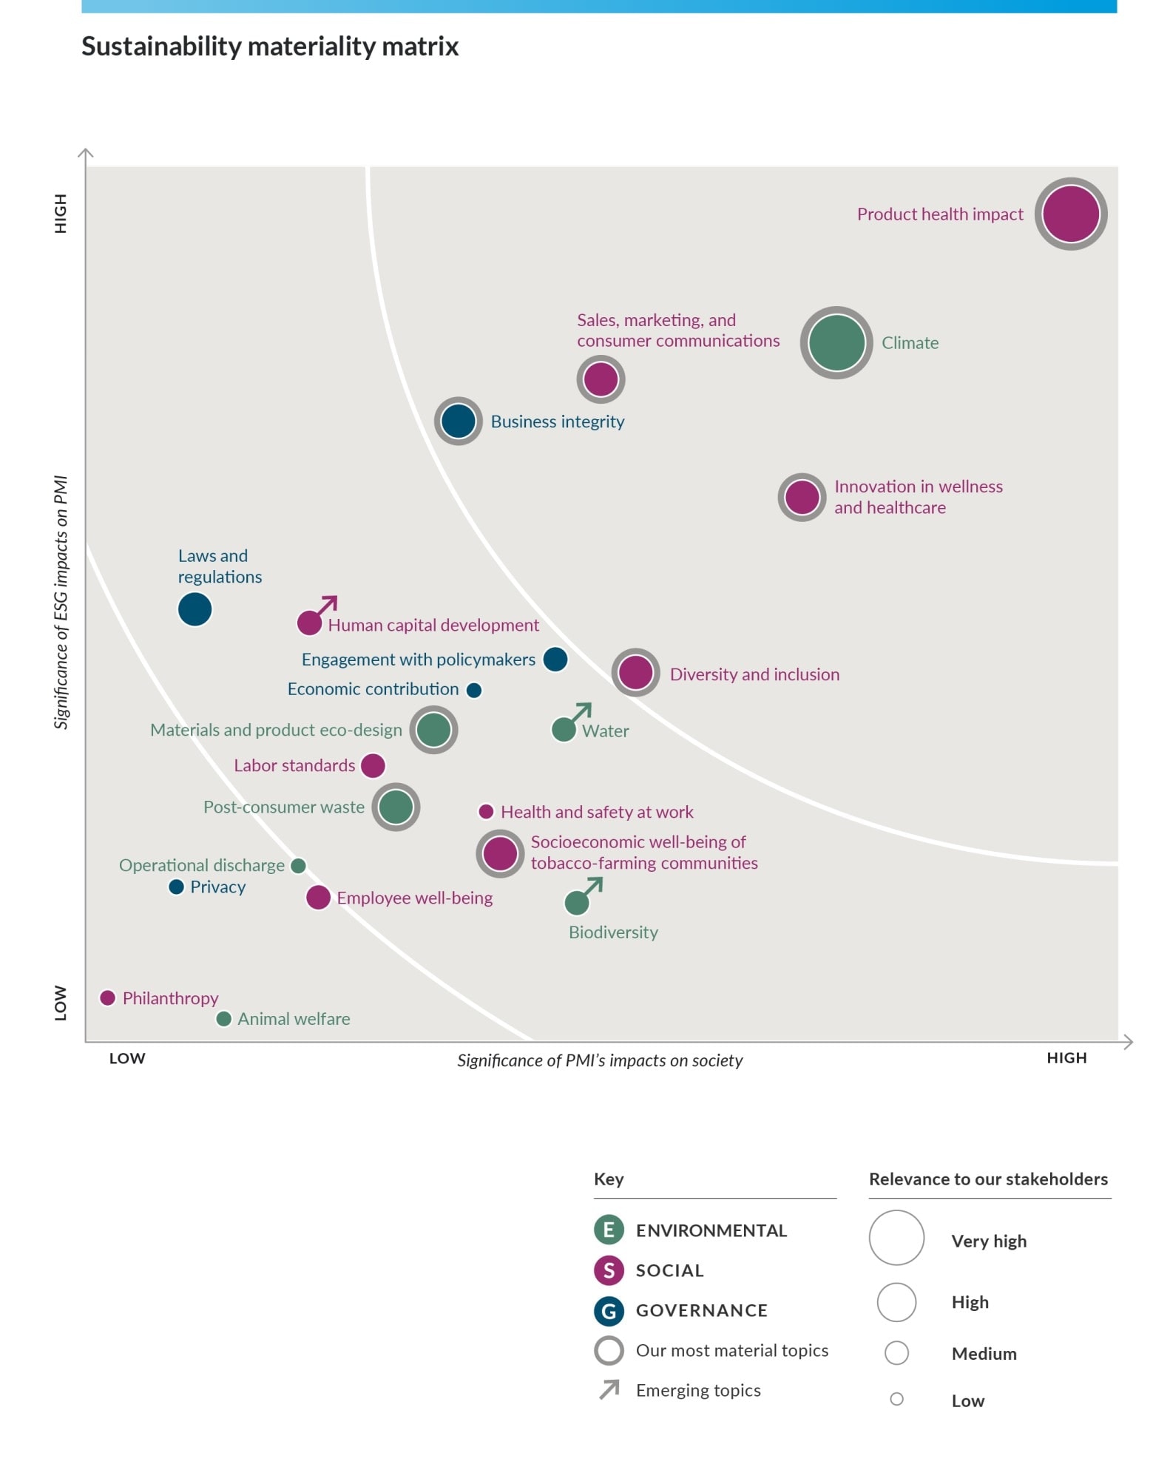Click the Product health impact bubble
(1070, 214)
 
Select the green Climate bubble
(836, 342)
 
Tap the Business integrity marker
(458, 421)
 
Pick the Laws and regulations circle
(195, 609)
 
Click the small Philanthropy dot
(107, 997)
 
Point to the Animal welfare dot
(223, 1019)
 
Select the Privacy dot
(176, 887)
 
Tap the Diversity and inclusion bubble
(635, 673)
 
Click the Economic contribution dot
(474, 690)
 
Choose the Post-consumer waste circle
(396, 807)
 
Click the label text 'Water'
(605, 731)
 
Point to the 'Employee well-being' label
(414, 898)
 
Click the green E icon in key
(609, 1230)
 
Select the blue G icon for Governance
(609, 1310)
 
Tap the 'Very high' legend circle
(896, 1237)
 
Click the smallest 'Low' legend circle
(896, 1399)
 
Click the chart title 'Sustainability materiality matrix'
(270, 46)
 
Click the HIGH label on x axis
(1066, 1057)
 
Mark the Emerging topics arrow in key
(609, 1389)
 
